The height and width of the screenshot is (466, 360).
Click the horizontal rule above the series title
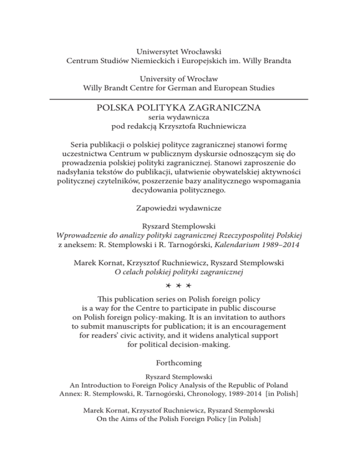pos(180,99)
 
